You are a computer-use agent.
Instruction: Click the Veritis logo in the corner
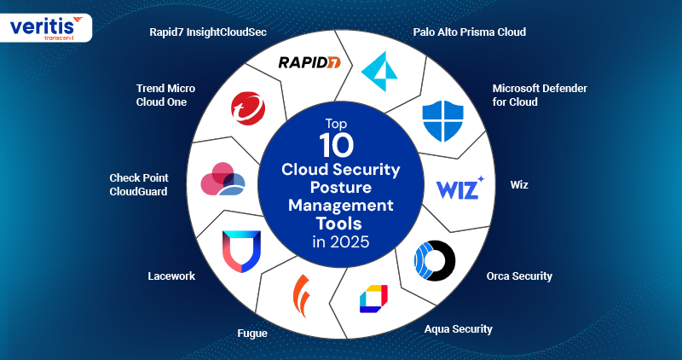tap(47, 26)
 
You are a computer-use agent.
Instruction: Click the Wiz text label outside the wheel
tap(518, 183)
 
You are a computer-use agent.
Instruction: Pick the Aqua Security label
tap(459, 328)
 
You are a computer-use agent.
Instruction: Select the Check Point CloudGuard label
tap(139, 184)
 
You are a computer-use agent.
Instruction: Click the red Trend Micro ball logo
tap(248, 109)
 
